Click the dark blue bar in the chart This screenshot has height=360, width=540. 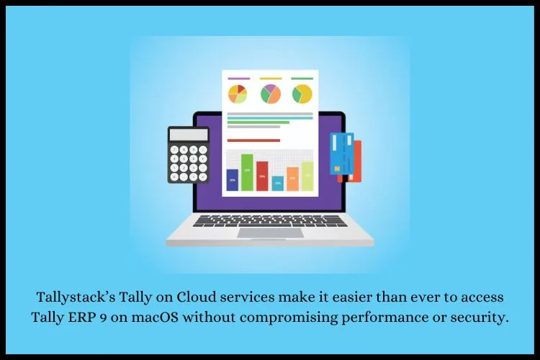tap(232, 180)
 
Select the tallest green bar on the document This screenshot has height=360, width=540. tap(247, 172)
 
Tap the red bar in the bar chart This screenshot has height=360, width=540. tap(262, 176)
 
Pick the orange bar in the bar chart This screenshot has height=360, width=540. tap(292, 179)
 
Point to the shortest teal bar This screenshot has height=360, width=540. tap(278, 184)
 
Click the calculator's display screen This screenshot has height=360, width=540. tap(189, 135)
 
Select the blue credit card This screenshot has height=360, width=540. tap(342, 153)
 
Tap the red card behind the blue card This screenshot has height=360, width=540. tap(356, 161)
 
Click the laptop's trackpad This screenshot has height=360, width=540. tap(270, 233)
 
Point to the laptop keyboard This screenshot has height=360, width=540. tap(270, 221)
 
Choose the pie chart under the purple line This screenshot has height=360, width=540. tap(238, 94)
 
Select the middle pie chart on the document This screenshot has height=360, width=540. tap(270, 94)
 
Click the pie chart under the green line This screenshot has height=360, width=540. tap(302, 94)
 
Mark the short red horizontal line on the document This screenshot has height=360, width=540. tap(253, 140)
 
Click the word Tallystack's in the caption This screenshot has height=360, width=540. tap(76, 297)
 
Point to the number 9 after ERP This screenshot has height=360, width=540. tap(103, 318)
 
